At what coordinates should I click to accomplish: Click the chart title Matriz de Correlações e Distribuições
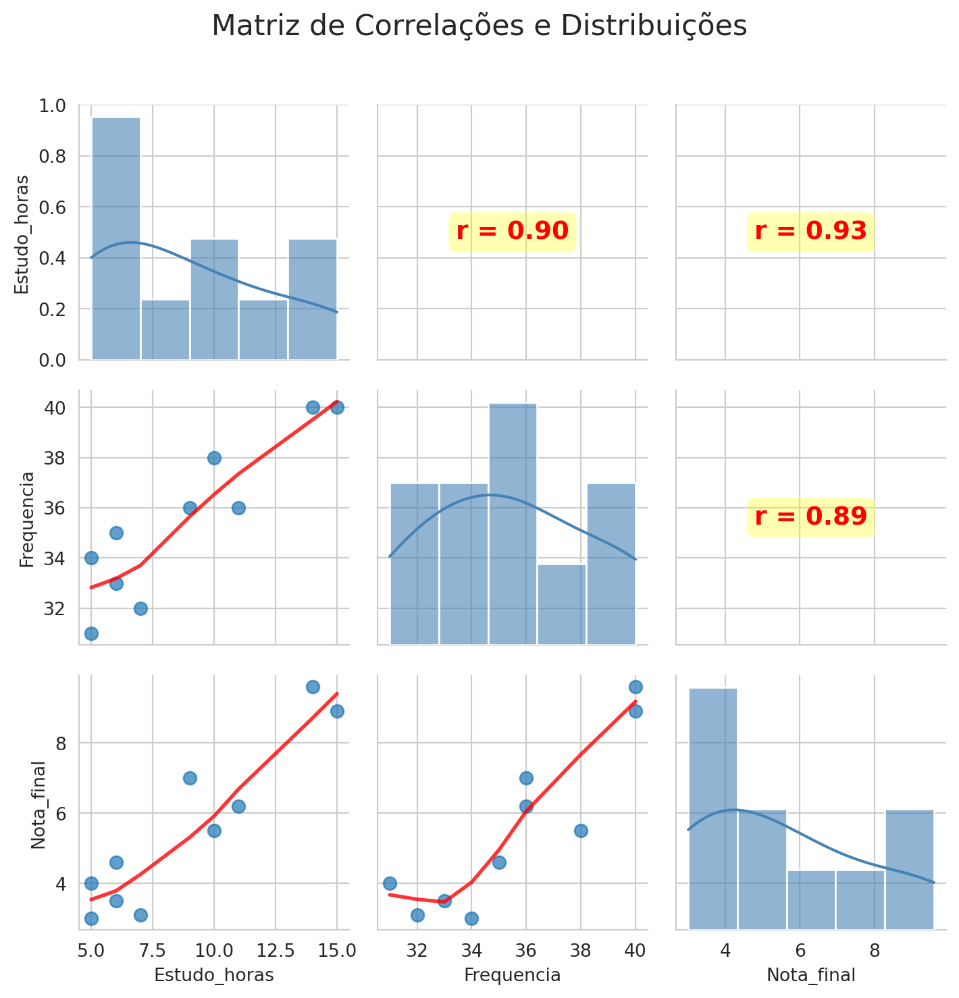pyautogui.click(x=479, y=26)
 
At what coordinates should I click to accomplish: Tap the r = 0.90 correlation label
pyautogui.click(x=512, y=232)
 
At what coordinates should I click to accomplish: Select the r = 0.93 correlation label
pyautogui.click(x=810, y=232)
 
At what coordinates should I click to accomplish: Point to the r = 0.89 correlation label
pyautogui.click(x=810, y=517)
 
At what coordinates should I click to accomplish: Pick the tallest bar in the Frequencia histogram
pyautogui.click(x=513, y=523)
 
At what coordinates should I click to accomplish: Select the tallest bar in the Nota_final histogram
pyautogui.click(x=713, y=808)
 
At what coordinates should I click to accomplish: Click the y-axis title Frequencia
pyautogui.click(x=26, y=519)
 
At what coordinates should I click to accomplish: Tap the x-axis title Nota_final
pyautogui.click(x=811, y=975)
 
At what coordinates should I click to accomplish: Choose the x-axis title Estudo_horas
pyautogui.click(x=214, y=975)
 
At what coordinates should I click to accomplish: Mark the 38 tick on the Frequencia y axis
pyautogui.click(x=56, y=458)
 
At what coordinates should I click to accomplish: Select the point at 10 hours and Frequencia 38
pyautogui.click(x=214, y=458)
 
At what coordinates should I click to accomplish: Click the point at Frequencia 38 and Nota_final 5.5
pyautogui.click(x=581, y=831)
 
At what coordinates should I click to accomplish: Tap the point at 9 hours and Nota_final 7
pyautogui.click(x=190, y=778)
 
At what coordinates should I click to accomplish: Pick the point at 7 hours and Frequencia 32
pyautogui.click(x=140, y=608)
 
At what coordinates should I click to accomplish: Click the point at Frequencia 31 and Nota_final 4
pyautogui.click(x=390, y=883)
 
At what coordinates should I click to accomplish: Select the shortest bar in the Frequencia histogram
pyautogui.click(x=561, y=604)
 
